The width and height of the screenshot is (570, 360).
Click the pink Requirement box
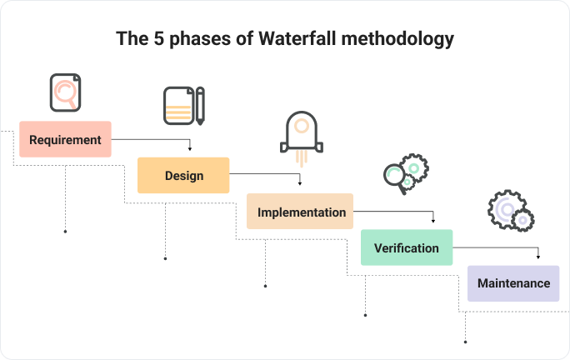[x=65, y=139]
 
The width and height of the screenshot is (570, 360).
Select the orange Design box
[x=183, y=175]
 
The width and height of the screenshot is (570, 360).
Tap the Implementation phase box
[x=300, y=212]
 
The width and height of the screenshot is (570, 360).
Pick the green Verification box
[x=407, y=247]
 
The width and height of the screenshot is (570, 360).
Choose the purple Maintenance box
[x=513, y=283]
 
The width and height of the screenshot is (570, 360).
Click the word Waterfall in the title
[x=297, y=38]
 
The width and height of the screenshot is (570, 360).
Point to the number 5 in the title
[x=158, y=38]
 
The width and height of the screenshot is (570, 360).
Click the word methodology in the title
[x=397, y=39]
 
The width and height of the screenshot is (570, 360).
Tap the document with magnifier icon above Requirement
[x=66, y=92]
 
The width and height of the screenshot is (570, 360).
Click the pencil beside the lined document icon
[x=200, y=106]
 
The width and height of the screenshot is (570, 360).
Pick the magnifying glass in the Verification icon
[x=394, y=178]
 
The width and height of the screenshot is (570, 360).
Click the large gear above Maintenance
[x=505, y=208]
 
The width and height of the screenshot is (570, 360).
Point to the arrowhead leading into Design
[x=190, y=148]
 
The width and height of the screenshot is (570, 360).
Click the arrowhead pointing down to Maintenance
[x=538, y=257]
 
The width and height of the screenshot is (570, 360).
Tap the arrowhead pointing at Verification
[x=433, y=221]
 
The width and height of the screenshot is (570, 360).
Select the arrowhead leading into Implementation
[x=300, y=183]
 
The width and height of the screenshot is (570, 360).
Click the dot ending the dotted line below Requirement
[x=66, y=232]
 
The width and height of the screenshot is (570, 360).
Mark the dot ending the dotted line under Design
[x=165, y=259]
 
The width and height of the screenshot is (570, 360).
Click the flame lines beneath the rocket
[x=302, y=159]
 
